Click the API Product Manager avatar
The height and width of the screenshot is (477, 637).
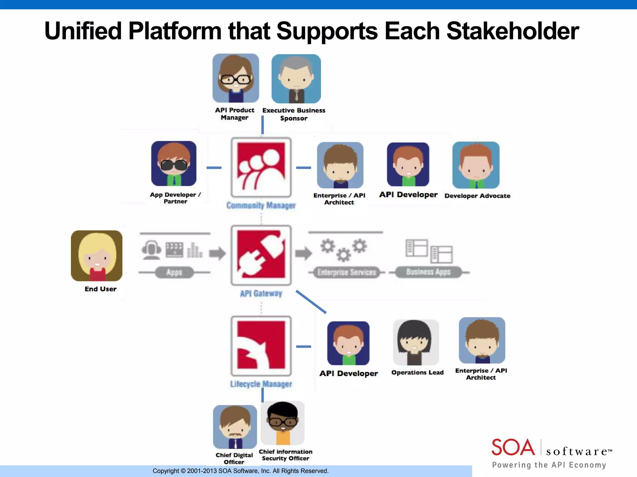tap(236, 78)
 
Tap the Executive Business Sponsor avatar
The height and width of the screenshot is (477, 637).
tap(296, 79)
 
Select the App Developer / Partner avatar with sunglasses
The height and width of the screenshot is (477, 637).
tap(174, 164)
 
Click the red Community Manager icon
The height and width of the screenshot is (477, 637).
tap(261, 167)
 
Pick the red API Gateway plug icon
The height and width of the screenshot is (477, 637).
tap(261, 255)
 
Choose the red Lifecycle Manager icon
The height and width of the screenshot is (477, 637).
tap(261, 346)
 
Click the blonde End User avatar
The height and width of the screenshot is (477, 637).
tap(97, 256)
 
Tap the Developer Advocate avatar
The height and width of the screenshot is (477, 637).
tap(476, 165)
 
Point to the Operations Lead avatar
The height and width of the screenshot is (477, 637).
tap(416, 342)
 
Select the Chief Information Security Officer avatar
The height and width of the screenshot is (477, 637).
tap(282, 423)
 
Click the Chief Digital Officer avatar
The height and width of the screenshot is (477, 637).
tap(235, 427)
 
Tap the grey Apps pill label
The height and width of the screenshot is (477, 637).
tap(174, 272)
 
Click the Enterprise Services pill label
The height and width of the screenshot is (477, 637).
tap(346, 272)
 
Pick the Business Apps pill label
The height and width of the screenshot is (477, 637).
tap(428, 272)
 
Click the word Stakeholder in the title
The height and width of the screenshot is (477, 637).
tap(513, 31)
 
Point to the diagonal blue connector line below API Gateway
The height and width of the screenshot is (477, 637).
tap(311, 302)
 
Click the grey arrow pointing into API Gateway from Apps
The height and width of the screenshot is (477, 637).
tap(217, 253)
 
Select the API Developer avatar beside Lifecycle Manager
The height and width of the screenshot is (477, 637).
tap(348, 343)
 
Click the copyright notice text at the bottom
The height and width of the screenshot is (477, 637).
tap(240, 471)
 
